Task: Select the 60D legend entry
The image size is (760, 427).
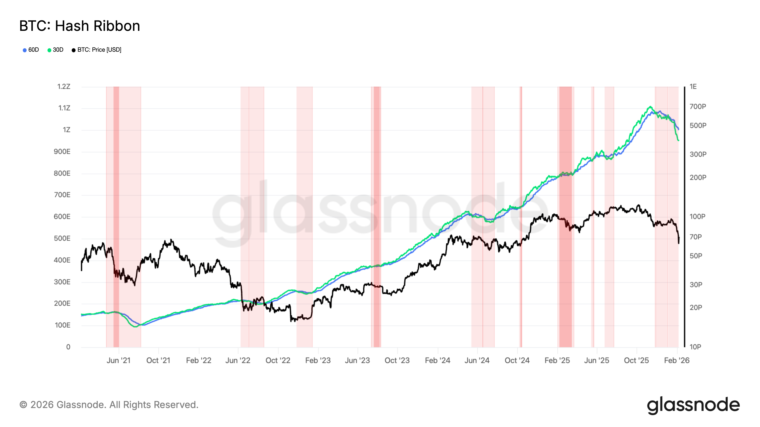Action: tap(31, 50)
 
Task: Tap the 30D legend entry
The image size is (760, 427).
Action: tap(56, 50)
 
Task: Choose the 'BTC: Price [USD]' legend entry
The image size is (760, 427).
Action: tap(96, 50)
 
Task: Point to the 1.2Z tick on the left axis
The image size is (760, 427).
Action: tap(64, 87)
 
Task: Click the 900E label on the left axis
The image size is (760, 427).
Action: tap(62, 152)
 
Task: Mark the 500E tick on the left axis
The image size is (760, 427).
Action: tap(62, 238)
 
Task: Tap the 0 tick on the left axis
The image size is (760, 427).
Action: tap(68, 347)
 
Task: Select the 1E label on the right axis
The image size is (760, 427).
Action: tap(693, 87)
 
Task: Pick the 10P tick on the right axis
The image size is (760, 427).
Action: tap(695, 347)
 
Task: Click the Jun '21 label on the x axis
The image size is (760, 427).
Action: tap(118, 360)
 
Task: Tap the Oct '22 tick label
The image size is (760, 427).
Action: tap(278, 360)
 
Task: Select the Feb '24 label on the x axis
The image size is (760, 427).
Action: tap(437, 360)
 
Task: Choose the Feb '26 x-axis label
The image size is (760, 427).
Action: tap(676, 360)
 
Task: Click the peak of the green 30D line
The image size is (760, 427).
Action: tap(650, 107)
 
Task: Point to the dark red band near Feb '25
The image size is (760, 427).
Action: tap(565, 217)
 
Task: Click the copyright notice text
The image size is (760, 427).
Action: tap(109, 405)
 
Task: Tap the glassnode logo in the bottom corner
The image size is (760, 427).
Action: tap(693, 405)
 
